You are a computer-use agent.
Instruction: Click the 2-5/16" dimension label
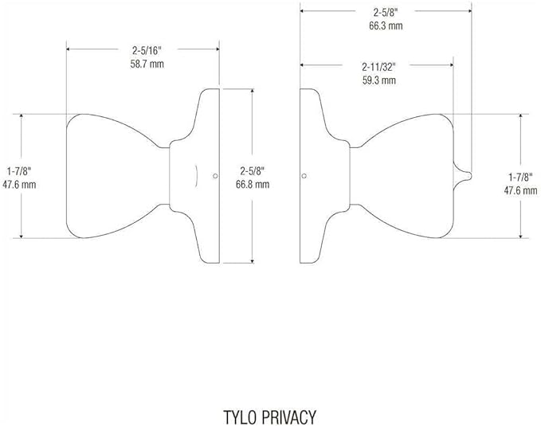pos(147,51)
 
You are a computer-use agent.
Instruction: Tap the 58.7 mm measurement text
pos(147,64)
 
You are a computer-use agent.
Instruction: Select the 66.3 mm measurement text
pos(386,25)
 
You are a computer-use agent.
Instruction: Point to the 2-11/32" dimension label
pos(378,67)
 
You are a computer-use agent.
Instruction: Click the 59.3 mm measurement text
pos(378,80)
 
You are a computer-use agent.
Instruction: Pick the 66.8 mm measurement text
pos(253,184)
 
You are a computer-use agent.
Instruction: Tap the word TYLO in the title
pos(240,417)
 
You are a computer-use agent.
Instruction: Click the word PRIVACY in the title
pos(289,417)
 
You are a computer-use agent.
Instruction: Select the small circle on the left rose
pos(215,176)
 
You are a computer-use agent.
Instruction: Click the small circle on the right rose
pos(304,176)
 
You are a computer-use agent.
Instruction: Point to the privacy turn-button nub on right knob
pos(464,175)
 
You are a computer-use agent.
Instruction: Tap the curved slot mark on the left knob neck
pos(196,176)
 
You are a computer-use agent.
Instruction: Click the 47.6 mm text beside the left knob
pos(19,184)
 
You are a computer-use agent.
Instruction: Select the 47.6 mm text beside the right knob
pos(520,190)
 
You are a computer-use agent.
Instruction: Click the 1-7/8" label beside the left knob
pos(19,171)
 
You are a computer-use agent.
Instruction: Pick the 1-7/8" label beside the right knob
pos(520,178)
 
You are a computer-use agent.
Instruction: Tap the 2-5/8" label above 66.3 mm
pos(386,13)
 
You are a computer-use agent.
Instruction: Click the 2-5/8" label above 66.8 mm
pos(253,171)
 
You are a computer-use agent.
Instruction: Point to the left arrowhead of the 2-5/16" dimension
pos(69,49)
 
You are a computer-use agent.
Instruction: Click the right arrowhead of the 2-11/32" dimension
pos(451,64)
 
